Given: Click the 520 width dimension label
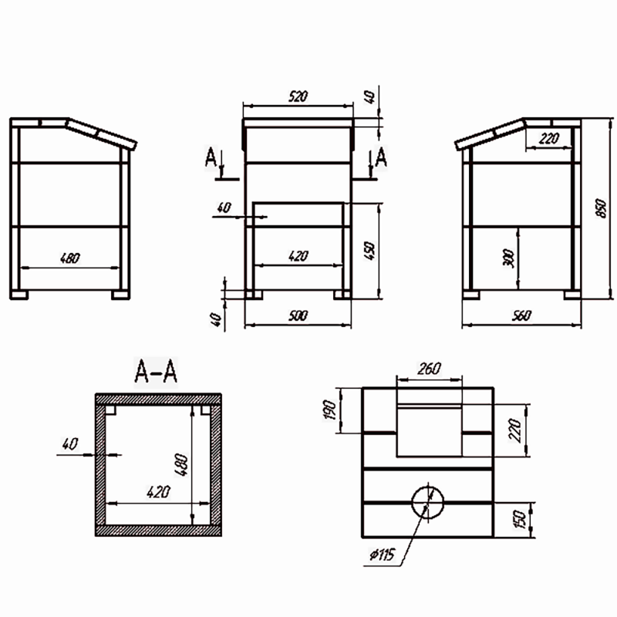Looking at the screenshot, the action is [298, 96].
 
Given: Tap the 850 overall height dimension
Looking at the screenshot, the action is [601, 208].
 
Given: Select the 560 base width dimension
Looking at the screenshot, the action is [522, 315].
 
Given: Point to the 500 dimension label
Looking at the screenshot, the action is [298, 315].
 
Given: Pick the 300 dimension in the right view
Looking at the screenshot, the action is [509, 258].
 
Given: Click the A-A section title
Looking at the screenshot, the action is [156, 371].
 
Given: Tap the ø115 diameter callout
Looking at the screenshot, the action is [382, 555].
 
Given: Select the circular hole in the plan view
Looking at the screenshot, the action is [428, 503].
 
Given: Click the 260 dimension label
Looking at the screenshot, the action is [429, 369].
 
